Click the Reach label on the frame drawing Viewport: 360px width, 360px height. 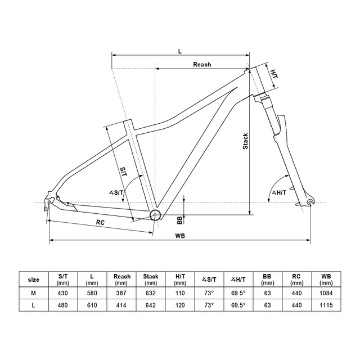coord(202,65)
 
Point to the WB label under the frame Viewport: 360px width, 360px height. coord(181,235)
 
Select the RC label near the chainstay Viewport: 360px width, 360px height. coord(100,223)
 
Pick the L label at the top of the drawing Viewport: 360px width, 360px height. coord(180,51)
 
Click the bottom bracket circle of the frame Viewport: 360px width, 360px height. coord(156,214)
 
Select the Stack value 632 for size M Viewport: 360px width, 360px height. coord(151,294)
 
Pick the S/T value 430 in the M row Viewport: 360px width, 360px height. coord(63,294)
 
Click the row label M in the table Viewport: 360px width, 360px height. coord(34,294)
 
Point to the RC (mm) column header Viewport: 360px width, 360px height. coord(297,279)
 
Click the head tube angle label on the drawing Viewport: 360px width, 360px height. coord(280,193)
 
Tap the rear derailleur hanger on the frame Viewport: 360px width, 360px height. coord(49,200)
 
